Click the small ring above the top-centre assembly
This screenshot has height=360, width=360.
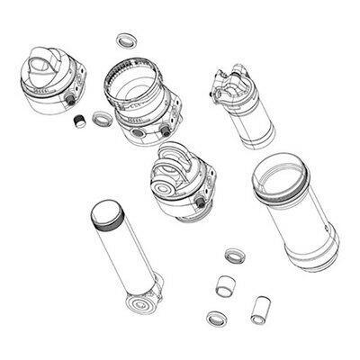click(124, 41)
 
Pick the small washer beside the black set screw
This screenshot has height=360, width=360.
click(99, 117)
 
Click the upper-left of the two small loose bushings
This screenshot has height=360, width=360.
click(225, 286)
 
